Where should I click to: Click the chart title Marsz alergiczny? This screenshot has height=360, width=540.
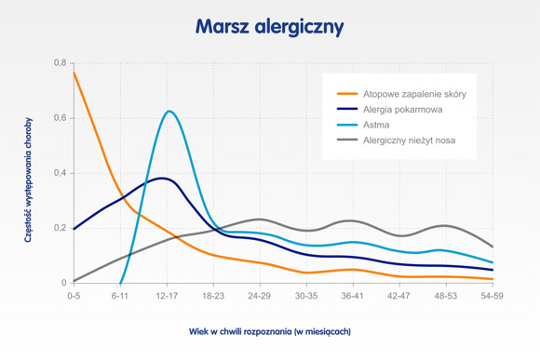(x=269, y=27)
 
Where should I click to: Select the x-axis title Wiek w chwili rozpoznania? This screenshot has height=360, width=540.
(x=270, y=330)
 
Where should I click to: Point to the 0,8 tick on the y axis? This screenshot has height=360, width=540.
(x=60, y=63)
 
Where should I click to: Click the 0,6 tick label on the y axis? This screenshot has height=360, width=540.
(x=60, y=118)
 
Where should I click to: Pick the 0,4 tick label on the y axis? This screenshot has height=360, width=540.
(x=60, y=173)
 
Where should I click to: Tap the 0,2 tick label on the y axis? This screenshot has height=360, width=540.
(x=60, y=228)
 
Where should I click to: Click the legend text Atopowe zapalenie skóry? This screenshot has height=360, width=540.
(x=415, y=95)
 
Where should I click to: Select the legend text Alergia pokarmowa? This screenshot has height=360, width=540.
(x=403, y=110)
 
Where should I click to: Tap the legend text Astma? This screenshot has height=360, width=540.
(x=377, y=125)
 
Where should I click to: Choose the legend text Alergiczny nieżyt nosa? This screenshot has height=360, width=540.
(x=410, y=140)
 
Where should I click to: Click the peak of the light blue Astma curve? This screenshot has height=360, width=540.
(x=169, y=112)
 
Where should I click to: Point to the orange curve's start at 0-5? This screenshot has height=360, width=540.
(x=74, y=73)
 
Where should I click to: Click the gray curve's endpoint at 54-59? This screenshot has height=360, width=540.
(x=493, y=247)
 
